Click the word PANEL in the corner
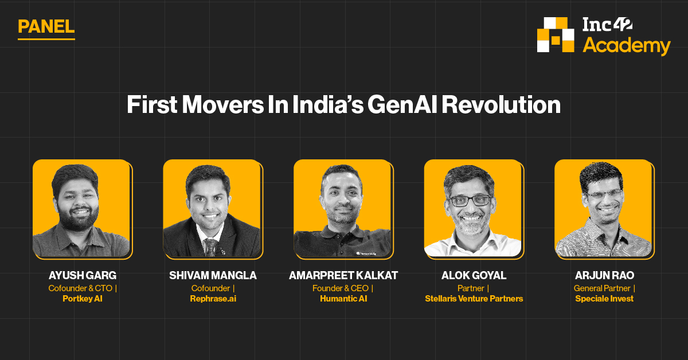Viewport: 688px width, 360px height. tap(46, 26)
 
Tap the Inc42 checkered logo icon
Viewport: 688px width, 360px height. tap(555, 35)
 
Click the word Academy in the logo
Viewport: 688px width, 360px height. tap(626, 46)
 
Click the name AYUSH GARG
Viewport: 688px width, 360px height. tap(83, 276)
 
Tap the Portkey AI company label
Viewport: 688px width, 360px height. tap(83, 299)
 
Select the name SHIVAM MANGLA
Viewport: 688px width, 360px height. tap(213, 276)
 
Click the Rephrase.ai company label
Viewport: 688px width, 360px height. tap(213, 299)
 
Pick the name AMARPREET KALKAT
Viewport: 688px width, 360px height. tap(343, 276)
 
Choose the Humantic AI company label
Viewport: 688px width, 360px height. tap(343, 299)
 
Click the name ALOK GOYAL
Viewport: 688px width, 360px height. tap(474, 276)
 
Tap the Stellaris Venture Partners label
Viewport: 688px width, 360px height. tap(474, 299)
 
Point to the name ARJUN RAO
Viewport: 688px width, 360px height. tap(604, 276)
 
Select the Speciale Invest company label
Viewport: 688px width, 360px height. tap(604, 299)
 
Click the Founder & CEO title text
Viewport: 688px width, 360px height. tap(340, 288)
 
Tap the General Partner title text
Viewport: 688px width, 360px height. tap(602, 288)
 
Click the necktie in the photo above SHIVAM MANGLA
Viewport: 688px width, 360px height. tap(211, 246)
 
